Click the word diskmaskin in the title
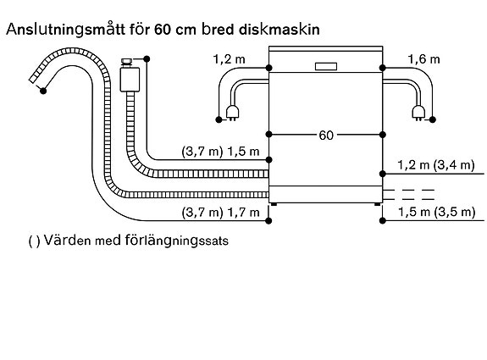tap(279, 30)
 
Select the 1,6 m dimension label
tap(423, 59)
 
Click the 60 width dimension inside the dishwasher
tap(326, 136)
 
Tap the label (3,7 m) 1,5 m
tap(220, 152)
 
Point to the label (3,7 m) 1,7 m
tap(220, 213)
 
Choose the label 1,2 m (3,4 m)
tap(436, 165)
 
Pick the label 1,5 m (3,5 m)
tap(437, 212)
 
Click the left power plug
tap(232, 113)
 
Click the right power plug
tap(418, 113)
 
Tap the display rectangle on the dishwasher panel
tap(326, 66)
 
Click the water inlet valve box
tap(130, 80)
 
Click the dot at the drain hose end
tap(43, 91)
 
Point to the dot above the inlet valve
tap(147, 59)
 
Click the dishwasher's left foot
tap(274, 204)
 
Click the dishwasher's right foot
tap(377, 204)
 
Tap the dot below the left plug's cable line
tap(219, 119)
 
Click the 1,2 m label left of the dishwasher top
tap(230, 59)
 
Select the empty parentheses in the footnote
tap(34, 241)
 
